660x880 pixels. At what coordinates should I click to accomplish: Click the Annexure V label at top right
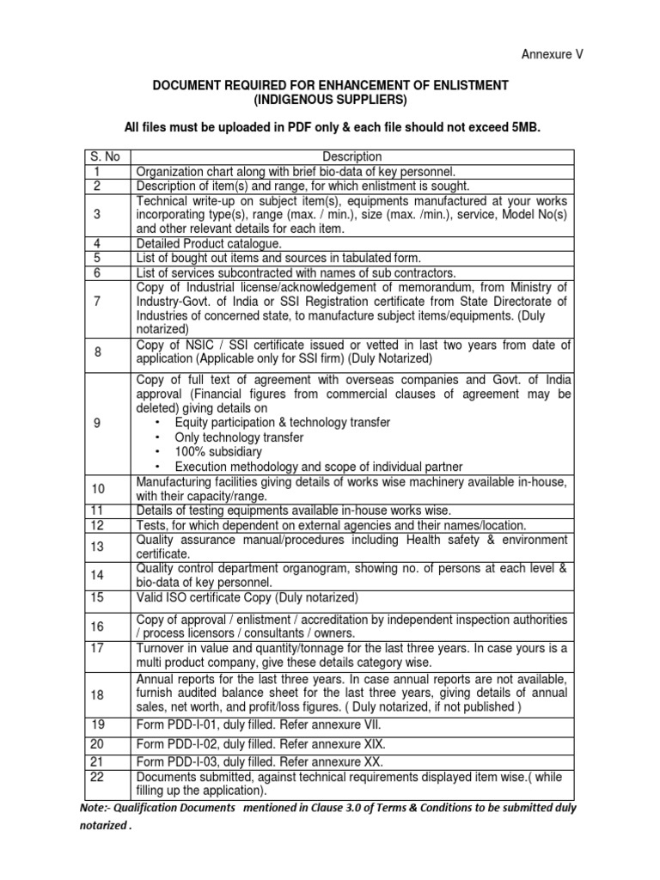[x=553, y=54]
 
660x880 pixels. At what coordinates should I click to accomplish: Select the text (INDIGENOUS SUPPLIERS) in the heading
[x=330, y=100]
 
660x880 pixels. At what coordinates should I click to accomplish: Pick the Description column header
[x=351, y=156]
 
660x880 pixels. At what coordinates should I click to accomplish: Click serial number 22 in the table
[x=98, y=777]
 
